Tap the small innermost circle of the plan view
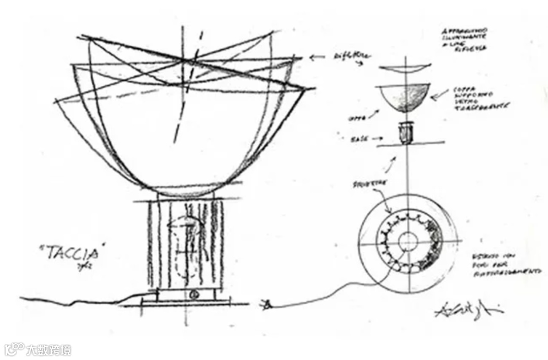408,243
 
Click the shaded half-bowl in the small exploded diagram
404,99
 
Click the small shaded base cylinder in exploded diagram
405,134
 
